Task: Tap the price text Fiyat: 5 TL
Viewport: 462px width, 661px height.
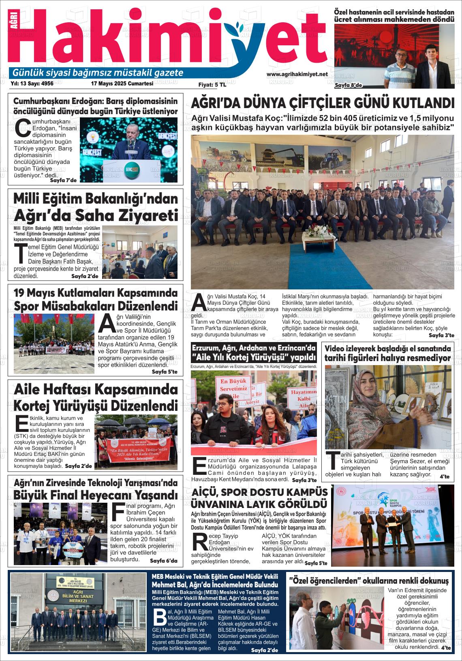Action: point(212,85)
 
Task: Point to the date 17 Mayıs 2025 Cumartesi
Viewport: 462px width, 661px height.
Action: point(122,83)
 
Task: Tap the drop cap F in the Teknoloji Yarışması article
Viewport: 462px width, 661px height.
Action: point(118,512)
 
